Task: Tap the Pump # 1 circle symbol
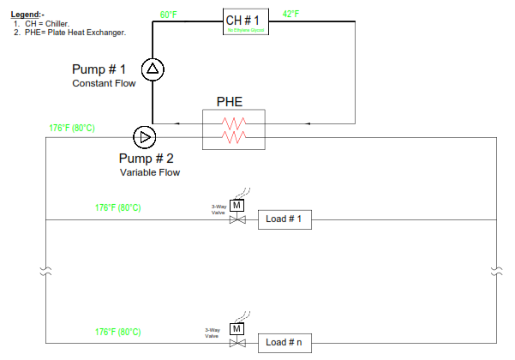[153, 70]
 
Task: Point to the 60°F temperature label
[170, 15]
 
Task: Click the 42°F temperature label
[292, 15]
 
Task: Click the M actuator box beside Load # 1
[237, 206]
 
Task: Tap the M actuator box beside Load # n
[237, 328]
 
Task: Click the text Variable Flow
[150, 172]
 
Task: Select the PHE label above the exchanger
[229, 102]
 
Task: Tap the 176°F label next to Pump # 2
[72, 128]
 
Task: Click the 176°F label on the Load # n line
[118, 332]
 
